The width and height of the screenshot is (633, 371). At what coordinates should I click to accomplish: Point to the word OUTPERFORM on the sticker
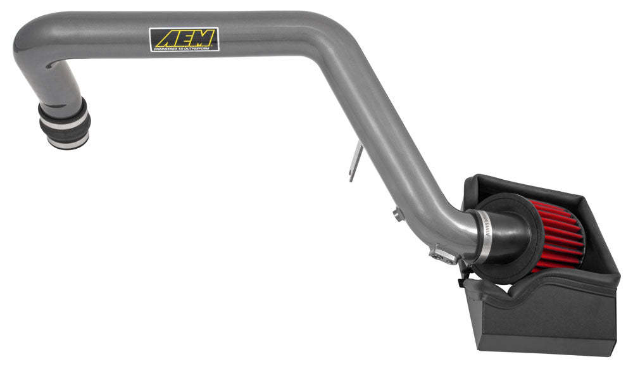pos(201,47)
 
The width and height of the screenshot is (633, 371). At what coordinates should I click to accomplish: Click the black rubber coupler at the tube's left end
pos(64,123)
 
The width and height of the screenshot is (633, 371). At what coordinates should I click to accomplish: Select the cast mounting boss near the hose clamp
pos(443,254)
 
